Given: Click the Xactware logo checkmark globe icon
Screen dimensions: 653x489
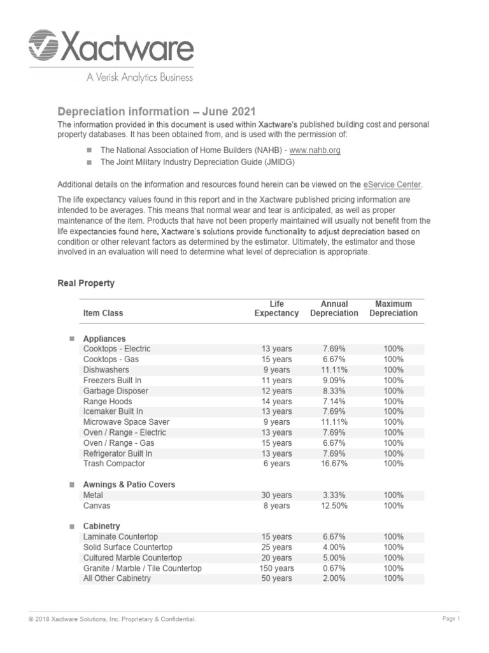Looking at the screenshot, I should click(44, 47).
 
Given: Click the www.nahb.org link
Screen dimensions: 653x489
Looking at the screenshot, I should click(315, 150).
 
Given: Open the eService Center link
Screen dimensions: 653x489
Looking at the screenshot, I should click(392, 184).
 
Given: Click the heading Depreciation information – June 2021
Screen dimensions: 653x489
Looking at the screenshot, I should click(157, 111).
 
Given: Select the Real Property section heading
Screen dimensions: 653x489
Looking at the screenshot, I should click(86, 283).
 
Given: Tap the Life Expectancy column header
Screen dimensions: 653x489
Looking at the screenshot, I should click(276, 309).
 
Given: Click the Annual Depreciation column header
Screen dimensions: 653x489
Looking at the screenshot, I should click(334, 309).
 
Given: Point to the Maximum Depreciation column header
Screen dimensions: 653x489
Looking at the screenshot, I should click(393, 309).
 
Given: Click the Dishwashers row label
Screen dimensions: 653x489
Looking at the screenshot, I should click(106, 370).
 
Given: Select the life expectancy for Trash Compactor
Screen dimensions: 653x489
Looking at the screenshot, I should click(276, 464).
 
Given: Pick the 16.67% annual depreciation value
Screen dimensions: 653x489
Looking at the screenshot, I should click(334, 464).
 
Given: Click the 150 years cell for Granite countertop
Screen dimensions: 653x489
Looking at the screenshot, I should click(276, 568).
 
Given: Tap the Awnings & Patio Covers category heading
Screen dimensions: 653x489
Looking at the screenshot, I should click(129, 485).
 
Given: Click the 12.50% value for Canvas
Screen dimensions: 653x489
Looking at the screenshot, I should click(334, 506).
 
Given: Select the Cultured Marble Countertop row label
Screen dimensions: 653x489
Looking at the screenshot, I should click(132, 558).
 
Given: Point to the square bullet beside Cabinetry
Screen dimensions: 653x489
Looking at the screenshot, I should click(72, 527).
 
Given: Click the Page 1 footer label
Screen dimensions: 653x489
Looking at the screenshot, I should click(451, 619).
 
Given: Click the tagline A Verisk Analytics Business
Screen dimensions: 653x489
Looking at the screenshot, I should click(139, 78).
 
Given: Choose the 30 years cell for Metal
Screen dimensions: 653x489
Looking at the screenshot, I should click(276, 495).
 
